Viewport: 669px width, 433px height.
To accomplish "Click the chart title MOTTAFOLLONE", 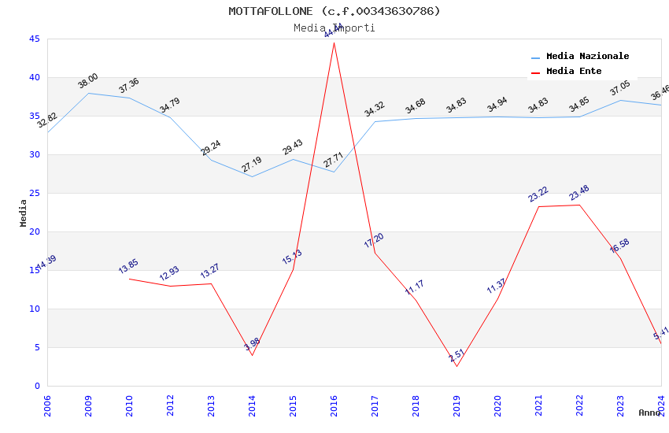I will pos(334,11).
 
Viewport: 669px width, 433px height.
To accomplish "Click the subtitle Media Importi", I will pos(334,28).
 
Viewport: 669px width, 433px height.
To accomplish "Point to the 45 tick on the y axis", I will pos(34,39).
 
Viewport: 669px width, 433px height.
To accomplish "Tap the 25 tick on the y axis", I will pos(34,193).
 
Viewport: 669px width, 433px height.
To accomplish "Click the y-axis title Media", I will pos(24,213).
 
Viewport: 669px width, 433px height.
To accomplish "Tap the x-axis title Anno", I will pos(649,413).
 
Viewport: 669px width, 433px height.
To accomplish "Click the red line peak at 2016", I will pos(334,43).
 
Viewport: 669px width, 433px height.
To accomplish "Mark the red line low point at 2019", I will pos(456,366).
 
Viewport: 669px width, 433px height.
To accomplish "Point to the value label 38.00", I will pos(87,80).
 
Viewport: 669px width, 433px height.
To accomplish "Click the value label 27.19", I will pos(252,165).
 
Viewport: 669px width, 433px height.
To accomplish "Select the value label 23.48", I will pos(579,193).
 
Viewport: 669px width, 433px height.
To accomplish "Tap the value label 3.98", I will pos(252,344).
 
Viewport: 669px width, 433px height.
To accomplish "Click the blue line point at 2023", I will pos(620,100).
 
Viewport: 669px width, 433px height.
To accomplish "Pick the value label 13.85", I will pos(129,266).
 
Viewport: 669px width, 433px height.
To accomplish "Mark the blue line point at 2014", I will pos(252,176).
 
